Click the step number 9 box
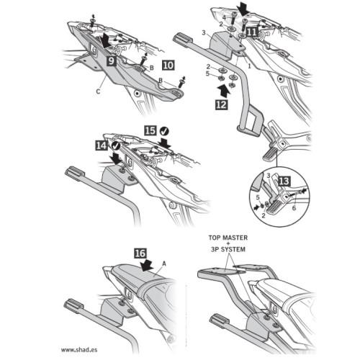[112, 61]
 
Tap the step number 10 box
[168, 66]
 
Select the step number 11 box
[252, 32]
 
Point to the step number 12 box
[221, 104]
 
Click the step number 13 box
[284, 181]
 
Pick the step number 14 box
[102, 145]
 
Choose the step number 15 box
[150, 131]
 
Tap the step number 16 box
[140, 253]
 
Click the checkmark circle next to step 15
[164, 131]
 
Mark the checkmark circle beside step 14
[116, 145]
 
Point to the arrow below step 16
[147, 265]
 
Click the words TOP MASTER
[228, 238]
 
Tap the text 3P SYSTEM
[228, 250]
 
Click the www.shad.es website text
[79, 350]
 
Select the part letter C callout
[98, 91]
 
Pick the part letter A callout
[164, 264]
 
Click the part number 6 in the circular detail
[294, 208]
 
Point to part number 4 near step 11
[224, 17]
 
